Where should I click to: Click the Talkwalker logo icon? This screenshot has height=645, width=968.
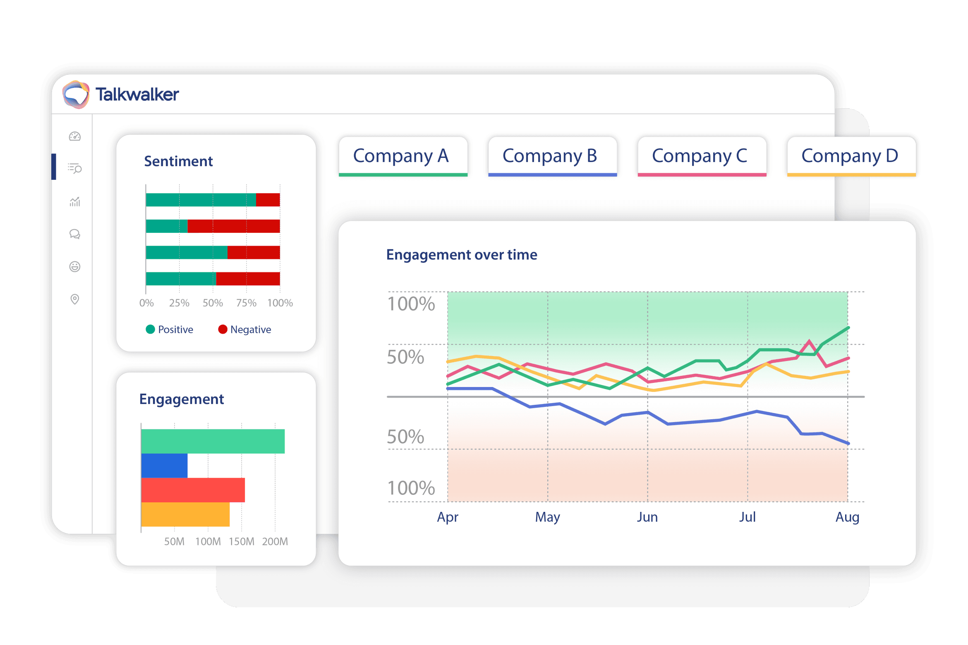click(76, 95)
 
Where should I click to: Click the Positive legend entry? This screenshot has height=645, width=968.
click(170, 330)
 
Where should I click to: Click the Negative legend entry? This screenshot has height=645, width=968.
click(245, 330)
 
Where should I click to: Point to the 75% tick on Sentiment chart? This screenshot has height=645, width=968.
click(246, 303)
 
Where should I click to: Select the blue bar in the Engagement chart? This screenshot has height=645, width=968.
click(164, 466)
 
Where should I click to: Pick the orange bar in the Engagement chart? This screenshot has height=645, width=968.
click(185, 514)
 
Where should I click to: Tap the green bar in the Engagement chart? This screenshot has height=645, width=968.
click(213, 441)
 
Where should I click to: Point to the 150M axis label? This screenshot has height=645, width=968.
click(242, 542)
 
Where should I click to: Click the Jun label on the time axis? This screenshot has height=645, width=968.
click(647, 517)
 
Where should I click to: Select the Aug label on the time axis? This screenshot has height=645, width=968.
click(847, 517)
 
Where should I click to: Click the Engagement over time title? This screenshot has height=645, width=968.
click(462, 255)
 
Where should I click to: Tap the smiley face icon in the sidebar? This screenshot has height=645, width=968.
click(75, 267)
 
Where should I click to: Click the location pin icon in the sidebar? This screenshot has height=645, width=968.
click(75, 299)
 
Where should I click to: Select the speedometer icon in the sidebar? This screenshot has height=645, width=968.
click(75, 136)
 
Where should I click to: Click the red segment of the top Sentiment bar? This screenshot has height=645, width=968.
click(268, 200)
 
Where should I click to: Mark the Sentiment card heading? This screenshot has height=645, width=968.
click(178, 161)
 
